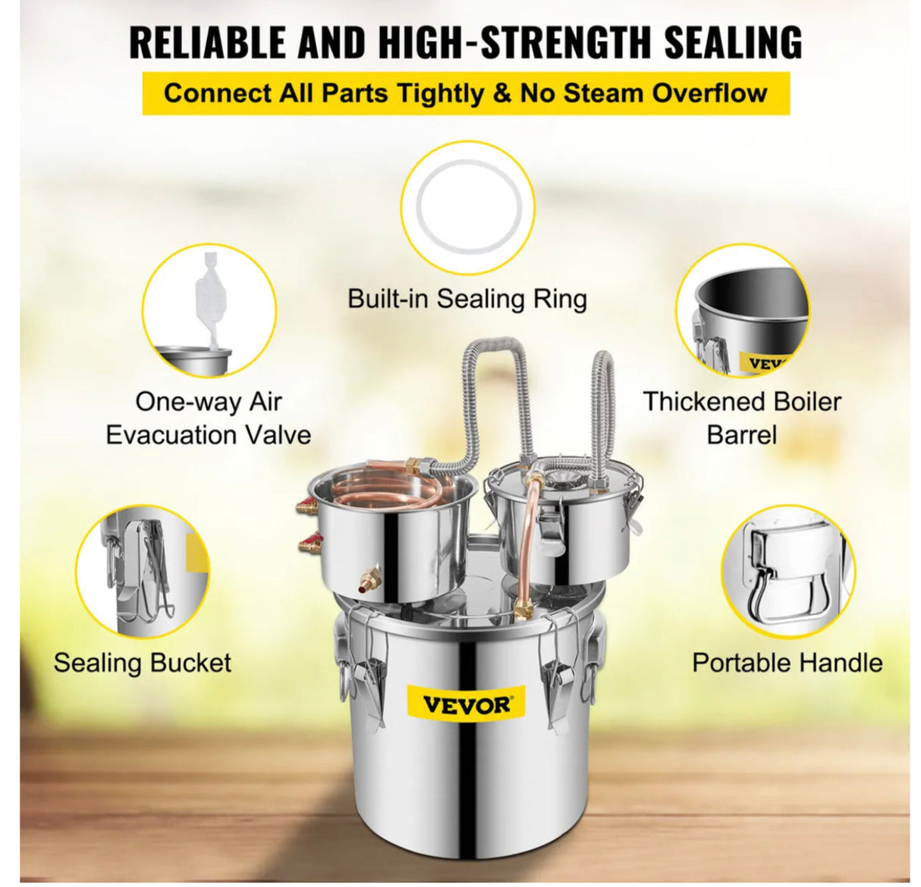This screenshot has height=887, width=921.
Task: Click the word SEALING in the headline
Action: click(x=733, y=42)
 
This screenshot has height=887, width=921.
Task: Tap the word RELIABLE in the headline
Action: click(x=208, y=42)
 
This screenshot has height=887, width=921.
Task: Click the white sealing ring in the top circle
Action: click(x=467, y=207)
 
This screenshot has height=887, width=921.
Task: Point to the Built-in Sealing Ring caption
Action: click(x=467, y=299)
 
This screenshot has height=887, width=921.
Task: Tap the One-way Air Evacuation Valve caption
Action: click(x=208, y=418)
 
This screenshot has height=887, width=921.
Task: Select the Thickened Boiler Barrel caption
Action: click(x=742, y=418)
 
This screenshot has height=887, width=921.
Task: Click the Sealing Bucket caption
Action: click(x=142, y=663)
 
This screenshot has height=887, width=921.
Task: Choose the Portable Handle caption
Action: click(x=787, y=663)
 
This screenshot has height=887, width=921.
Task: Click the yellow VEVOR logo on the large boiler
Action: click(x=466, y=705)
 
